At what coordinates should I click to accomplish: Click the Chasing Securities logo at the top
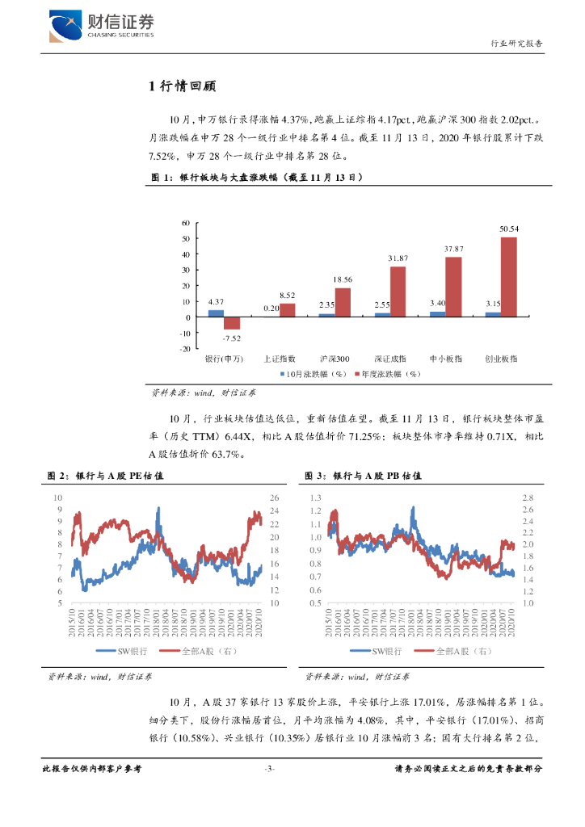click(x=101, y=25)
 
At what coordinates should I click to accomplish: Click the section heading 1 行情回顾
click(x=182, y=87)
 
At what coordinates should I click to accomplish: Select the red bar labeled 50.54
click(x=508, y=276)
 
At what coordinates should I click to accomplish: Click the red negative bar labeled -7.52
click(x=232, y=323)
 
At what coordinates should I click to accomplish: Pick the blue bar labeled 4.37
click(x=216, y=313)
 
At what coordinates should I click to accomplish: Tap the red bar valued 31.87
click(x=398, y=291)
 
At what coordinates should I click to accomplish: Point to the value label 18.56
click(x=343, y=279)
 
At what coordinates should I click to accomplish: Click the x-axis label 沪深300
click(x=335, y=358)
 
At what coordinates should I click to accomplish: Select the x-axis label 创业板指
click(x=501, y=358)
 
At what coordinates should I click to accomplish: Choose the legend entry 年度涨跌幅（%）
click(x=389, y=375)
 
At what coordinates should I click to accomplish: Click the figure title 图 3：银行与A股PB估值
click(x=363, y=476)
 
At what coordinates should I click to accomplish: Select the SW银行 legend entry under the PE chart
click(x=120, y=651)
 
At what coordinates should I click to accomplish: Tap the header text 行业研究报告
click(x=517, y=44)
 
